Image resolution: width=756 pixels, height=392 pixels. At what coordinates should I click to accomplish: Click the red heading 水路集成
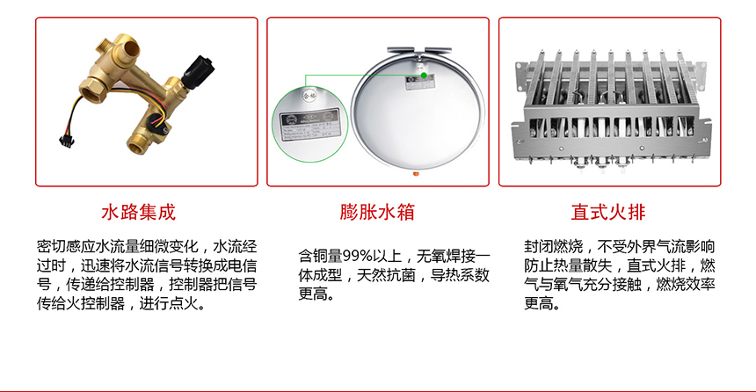pos(139,213)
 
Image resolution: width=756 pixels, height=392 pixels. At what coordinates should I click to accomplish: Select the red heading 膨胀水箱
pos(376,213)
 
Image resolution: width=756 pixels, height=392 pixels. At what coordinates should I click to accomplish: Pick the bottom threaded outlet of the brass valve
pos(137,145)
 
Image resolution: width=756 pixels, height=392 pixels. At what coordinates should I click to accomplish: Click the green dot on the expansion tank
pos(424,76)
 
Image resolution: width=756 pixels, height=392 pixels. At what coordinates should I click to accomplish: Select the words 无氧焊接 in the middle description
pos(444,256)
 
